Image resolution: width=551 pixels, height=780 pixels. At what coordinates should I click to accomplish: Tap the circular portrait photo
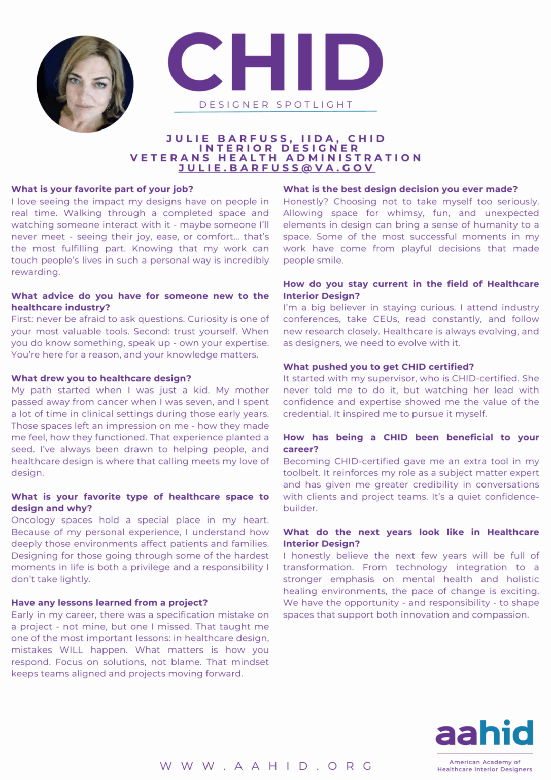(85, 84)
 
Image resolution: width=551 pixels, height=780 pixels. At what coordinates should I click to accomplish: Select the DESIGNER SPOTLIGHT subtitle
(275, 105)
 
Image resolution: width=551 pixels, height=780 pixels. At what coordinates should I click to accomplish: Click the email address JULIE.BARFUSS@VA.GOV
(276, 168)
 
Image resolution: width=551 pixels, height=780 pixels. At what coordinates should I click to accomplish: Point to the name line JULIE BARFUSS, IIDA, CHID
(276, 138)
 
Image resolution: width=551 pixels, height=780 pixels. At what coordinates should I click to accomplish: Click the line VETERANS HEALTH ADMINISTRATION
(276, 158)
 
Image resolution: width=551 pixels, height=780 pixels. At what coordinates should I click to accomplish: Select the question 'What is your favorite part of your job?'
(102, 189)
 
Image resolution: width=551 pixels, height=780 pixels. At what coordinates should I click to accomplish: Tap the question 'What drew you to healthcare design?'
(101, 378)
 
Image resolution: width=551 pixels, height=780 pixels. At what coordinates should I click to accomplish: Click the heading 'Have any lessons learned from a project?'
(110, 603)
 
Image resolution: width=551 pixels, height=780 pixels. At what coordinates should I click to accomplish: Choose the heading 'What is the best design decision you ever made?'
(400, 189)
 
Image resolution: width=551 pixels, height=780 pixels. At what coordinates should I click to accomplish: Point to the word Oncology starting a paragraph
(33, 520)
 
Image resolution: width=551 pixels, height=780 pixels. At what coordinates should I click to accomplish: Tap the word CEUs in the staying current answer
(385, 319)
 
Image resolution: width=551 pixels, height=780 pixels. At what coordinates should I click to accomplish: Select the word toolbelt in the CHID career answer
(301, 473)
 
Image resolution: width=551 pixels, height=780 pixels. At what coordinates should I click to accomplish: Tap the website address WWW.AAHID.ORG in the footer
(266, 766)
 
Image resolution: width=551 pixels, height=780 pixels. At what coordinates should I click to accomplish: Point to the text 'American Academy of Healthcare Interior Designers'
(485, 766)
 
